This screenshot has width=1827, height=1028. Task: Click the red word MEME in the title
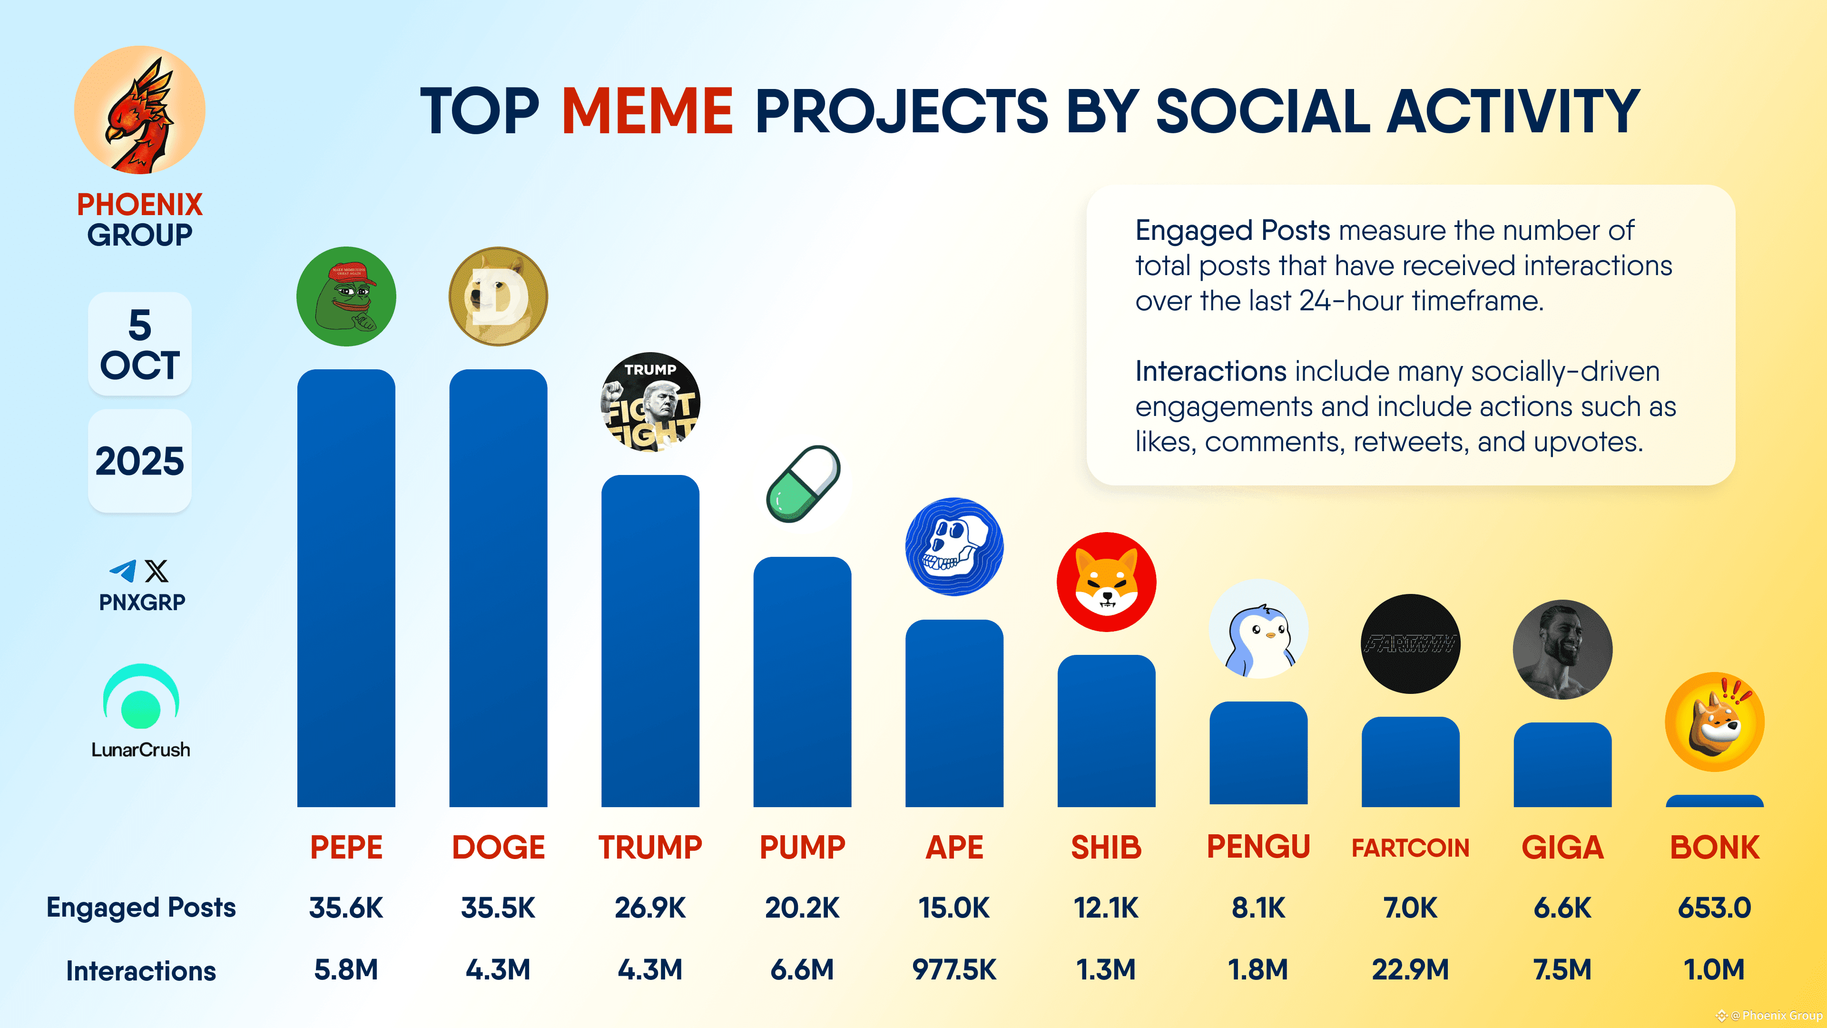(647, 111)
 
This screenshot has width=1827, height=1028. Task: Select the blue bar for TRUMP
(649, 639)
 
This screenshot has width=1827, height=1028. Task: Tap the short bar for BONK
(1714, 801)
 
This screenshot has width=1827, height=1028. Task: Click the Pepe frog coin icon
(346, 297)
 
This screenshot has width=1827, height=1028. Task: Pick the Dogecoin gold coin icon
(498, 297)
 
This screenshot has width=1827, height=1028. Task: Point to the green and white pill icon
(803, 484)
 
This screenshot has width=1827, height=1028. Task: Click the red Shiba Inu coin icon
(1106, 582)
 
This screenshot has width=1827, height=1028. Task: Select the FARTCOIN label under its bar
(1410, 847)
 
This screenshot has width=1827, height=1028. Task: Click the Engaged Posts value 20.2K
(802, 908)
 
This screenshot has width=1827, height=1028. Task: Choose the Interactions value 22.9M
(1410, 969)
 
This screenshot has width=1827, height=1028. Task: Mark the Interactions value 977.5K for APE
(954, 969)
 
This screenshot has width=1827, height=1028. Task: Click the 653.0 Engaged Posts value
(1714, 908)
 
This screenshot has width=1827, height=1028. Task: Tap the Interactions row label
(140, 970)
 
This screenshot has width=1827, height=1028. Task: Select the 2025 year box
(140, 461)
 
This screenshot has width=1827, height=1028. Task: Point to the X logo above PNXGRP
(157, 571)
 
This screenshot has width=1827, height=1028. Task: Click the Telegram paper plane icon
(123, 571)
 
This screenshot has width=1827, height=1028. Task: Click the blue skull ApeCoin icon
(954, 546)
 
